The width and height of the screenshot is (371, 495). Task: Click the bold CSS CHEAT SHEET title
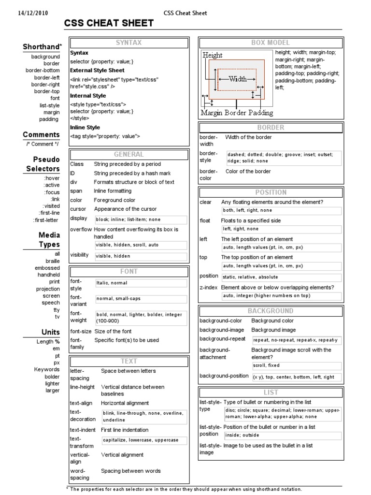click(x=109, y=23)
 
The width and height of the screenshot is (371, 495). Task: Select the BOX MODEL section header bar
click(x=271, y=43)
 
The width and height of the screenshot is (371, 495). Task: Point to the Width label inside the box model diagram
click(x=237, y=79)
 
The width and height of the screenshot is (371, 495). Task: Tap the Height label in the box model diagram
click(x=213, y=55)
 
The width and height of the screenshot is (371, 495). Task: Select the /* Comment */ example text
click(x=43, y=144)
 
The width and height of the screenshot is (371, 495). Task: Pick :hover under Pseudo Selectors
click(x=51, y=178)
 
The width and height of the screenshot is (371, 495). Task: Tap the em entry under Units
click(x=56, y=349)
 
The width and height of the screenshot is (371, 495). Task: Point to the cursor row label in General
click(x=78, y=209)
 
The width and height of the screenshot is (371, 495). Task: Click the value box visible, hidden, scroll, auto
click(x=141, y=245)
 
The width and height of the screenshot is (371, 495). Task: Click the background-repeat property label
click(x=222, y=339)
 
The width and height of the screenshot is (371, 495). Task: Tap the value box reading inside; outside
click(x=282, y=435)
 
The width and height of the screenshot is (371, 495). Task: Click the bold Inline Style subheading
click(x=85, y=128)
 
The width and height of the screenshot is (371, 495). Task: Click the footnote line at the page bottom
click(x=184, y=489)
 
